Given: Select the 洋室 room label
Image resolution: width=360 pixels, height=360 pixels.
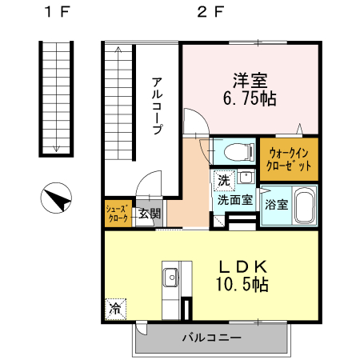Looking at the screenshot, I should click(250, 82).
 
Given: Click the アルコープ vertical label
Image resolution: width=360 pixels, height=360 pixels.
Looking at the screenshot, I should click(158, 104).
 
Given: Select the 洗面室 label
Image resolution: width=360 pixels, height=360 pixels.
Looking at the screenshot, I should click(236, 199).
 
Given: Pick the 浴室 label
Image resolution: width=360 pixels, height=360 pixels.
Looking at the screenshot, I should click(277, 205).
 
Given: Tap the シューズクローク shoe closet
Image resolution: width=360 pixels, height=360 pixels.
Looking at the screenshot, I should click(118, 213).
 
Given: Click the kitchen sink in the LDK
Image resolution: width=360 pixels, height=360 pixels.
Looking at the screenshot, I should click(171, 278).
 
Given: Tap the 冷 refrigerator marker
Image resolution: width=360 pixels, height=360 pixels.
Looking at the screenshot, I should click(115, 307).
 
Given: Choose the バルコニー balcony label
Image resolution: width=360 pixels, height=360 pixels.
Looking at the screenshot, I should click(211, 338).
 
